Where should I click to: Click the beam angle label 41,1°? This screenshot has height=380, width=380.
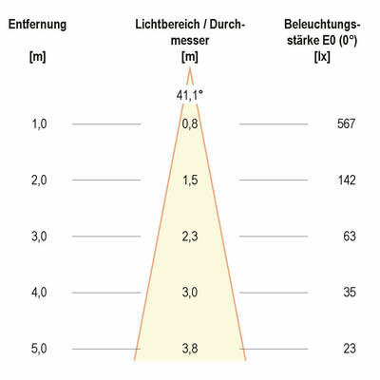[190, 94]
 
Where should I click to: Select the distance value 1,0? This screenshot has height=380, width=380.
[38, 123]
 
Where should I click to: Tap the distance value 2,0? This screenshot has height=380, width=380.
[38, 180]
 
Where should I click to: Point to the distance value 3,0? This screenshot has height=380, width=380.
[38, 236]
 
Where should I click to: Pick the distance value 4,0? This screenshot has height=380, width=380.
[38, 293]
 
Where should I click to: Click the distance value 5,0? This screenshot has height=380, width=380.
[38, 349]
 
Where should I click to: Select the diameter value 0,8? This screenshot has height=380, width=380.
[190, 123]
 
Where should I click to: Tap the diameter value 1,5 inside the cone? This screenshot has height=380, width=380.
[190, 180]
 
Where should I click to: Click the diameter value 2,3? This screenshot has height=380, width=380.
[190, 236]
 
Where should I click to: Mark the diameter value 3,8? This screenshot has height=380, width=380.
[190, 349]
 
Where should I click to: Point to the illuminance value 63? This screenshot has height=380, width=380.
[349, 236]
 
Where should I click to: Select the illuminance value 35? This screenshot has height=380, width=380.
[349, 293]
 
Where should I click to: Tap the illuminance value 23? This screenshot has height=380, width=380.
[349, 349]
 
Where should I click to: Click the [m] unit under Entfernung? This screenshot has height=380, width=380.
[37, 58]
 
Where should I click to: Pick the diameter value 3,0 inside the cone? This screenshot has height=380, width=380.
[190, 293]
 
